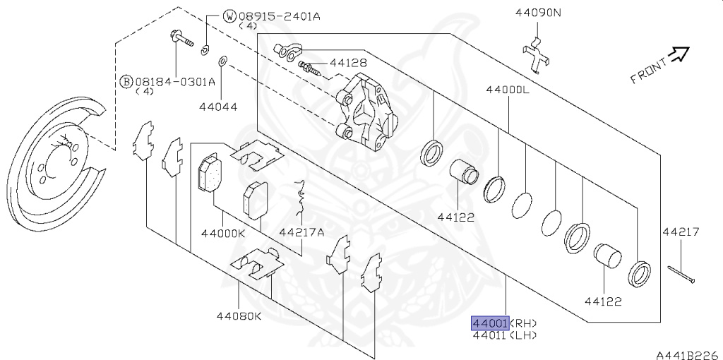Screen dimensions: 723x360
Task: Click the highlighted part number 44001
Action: tap(490, 323)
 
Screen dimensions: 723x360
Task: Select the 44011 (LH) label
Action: tap(505, 335)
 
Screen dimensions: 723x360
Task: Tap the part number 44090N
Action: tap(538, 13)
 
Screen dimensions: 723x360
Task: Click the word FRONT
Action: tap(649, 71)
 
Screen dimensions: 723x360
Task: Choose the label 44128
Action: tap(347, 63)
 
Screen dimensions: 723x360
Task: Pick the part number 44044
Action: tap(218, 107)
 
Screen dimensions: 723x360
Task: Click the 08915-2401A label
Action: tap(279, 17)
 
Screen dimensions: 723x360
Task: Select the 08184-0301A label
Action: tap(175, 82)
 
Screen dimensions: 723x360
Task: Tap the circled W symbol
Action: tap(229, 17)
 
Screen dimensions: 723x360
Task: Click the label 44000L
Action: tap(508, 90)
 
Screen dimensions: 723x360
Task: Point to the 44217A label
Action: tap(301, 232)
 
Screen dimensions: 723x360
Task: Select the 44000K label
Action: tap(223, 233)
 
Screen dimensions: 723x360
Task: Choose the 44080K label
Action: tap(239, 316)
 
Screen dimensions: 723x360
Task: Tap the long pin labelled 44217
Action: tap(681, 275)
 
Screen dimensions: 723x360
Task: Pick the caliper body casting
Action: tap(367, 112)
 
